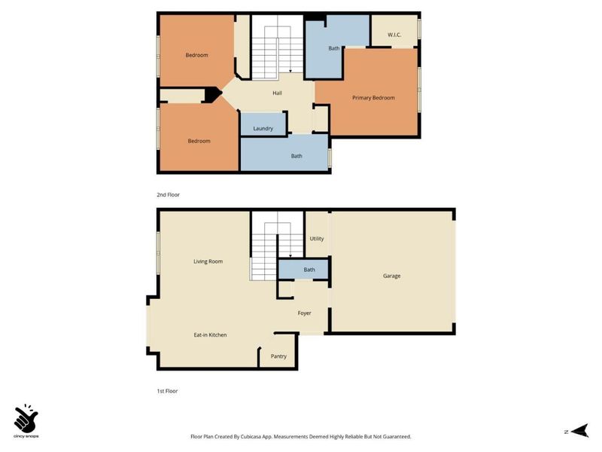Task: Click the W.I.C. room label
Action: click(395, 35)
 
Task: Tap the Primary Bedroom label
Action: click(373, 98)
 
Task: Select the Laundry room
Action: click(263, 129)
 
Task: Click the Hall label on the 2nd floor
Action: click(278, 93)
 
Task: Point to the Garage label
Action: click(391, 276)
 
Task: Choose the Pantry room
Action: click(278, 356)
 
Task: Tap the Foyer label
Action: click(304, 313)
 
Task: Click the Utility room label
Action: click(317, 239)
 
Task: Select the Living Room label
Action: click(208, 261)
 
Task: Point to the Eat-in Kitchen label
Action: click(210, 334)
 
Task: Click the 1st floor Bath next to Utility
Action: click(309, 270)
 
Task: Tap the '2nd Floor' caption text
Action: click(169, 194)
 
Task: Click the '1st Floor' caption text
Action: click(167, 391)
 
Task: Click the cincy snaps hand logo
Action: click(26, 417)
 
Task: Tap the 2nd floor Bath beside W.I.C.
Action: click(334, 48)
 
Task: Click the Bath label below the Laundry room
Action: click(296, 157)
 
